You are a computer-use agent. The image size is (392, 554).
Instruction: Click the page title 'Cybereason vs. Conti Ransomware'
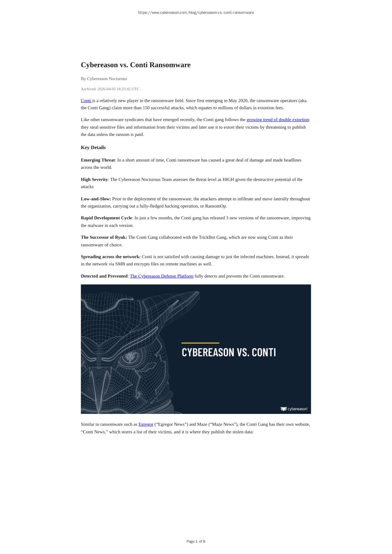tap(135, 65)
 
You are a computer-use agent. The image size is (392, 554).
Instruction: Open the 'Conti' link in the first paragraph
tap(86, 101)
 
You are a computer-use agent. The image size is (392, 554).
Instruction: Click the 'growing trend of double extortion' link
tap(277, 120)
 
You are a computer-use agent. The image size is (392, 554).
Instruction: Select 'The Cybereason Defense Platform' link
tap(162, 276)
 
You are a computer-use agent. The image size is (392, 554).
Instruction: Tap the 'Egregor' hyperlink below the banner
tap(146, 424)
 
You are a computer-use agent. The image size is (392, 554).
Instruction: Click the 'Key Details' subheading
tap(93, 148)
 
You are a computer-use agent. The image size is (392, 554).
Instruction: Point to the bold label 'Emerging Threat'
tap(98, 160)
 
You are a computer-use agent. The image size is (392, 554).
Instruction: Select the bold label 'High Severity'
tap(94, 180)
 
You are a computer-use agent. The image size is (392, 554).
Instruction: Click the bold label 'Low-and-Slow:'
tap(96, 199)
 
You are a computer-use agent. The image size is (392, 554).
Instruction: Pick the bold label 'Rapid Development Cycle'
tap(106, 218)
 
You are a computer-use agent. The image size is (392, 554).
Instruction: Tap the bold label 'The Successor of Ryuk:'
tap(104, 237)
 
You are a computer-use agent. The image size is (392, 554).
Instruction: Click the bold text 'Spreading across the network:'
tap(110, 257)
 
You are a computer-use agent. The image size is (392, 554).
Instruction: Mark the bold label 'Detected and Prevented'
tap(104, 276)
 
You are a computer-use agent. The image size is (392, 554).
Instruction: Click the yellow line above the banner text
tap(200, 343)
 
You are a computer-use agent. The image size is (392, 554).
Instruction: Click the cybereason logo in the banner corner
tap(294, 409)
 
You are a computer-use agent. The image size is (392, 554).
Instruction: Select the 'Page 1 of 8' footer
tap(196, 541)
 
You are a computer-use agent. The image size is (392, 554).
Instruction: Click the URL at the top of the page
tap(196, 13)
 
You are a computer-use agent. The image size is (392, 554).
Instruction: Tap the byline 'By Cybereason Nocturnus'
tap(104, 79)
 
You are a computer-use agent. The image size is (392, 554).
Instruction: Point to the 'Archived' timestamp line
tap(110, 89)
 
